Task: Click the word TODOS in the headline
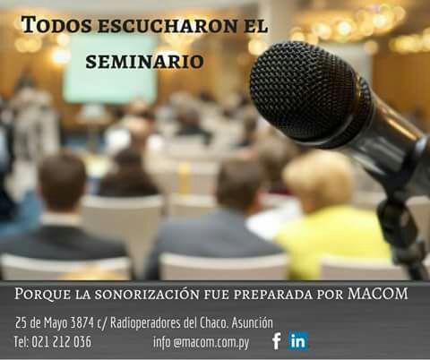(x=56, y=24)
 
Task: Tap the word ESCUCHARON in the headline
(x=168, y=26)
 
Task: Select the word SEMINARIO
(x=145, y=62)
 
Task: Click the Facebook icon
(x=277, y=340)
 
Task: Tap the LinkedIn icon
(x=298, y=340)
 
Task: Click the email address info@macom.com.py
(x=201, y=342)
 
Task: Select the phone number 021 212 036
(x=61, y=342)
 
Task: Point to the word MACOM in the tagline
(x=377, y=294)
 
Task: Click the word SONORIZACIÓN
(x=147, y=295)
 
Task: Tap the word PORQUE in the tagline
(x=43, y=295)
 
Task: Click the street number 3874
(x=82, y=322)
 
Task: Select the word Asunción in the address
(x=253, y=322)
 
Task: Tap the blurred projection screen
(x=110, y=70)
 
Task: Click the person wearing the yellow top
(x=329, y=218)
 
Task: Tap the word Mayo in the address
(x=56, y=323)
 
